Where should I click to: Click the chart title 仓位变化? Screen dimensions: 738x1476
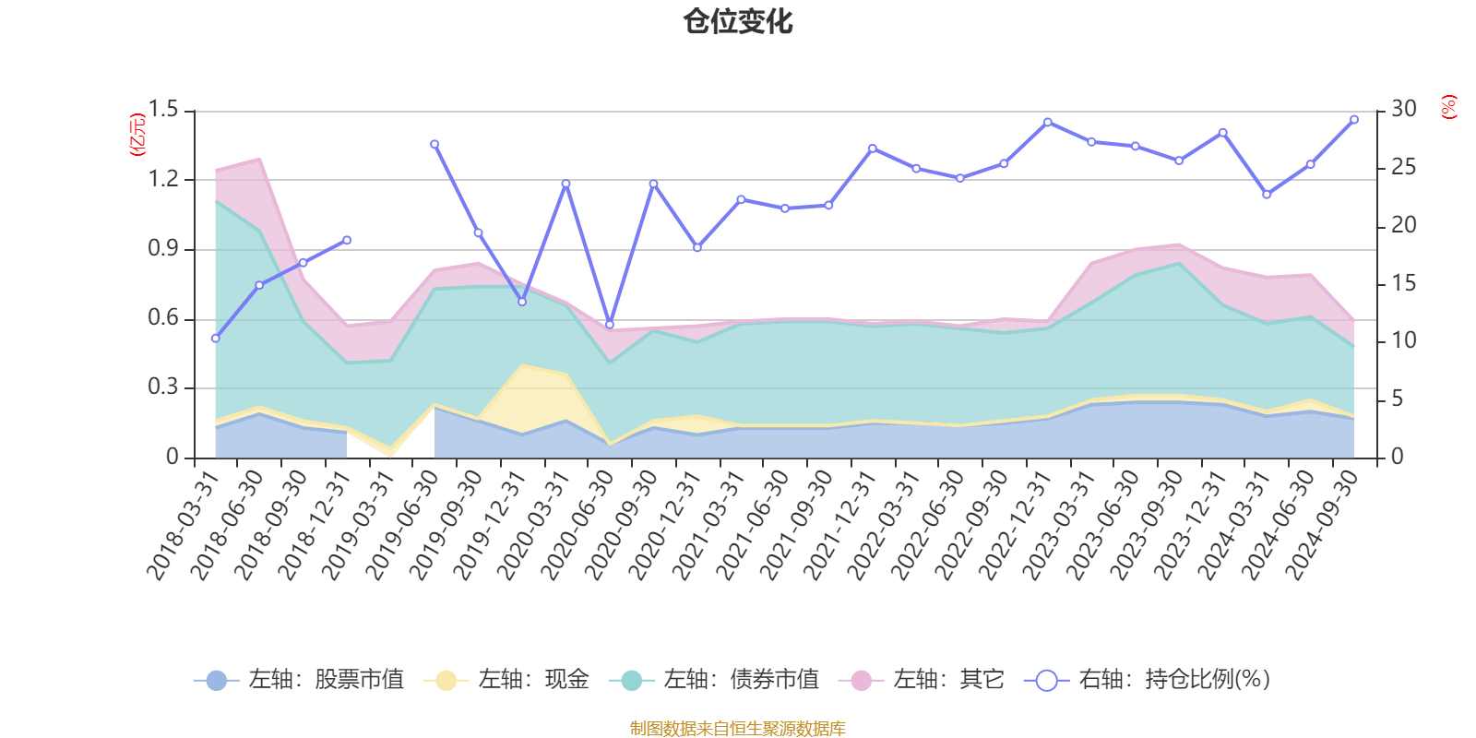738,21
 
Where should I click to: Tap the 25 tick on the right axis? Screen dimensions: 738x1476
1403,168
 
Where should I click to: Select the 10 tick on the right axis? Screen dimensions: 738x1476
1403,340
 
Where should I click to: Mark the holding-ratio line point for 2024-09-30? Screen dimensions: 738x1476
1354,120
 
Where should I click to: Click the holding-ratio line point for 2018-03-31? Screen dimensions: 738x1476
215,339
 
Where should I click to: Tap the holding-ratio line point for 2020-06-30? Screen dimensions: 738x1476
610,325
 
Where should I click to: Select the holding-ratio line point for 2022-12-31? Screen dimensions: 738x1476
1047,122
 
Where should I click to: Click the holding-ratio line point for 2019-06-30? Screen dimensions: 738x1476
434,144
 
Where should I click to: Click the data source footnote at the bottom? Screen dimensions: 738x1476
737,729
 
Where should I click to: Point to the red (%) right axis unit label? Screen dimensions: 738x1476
1448,107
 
